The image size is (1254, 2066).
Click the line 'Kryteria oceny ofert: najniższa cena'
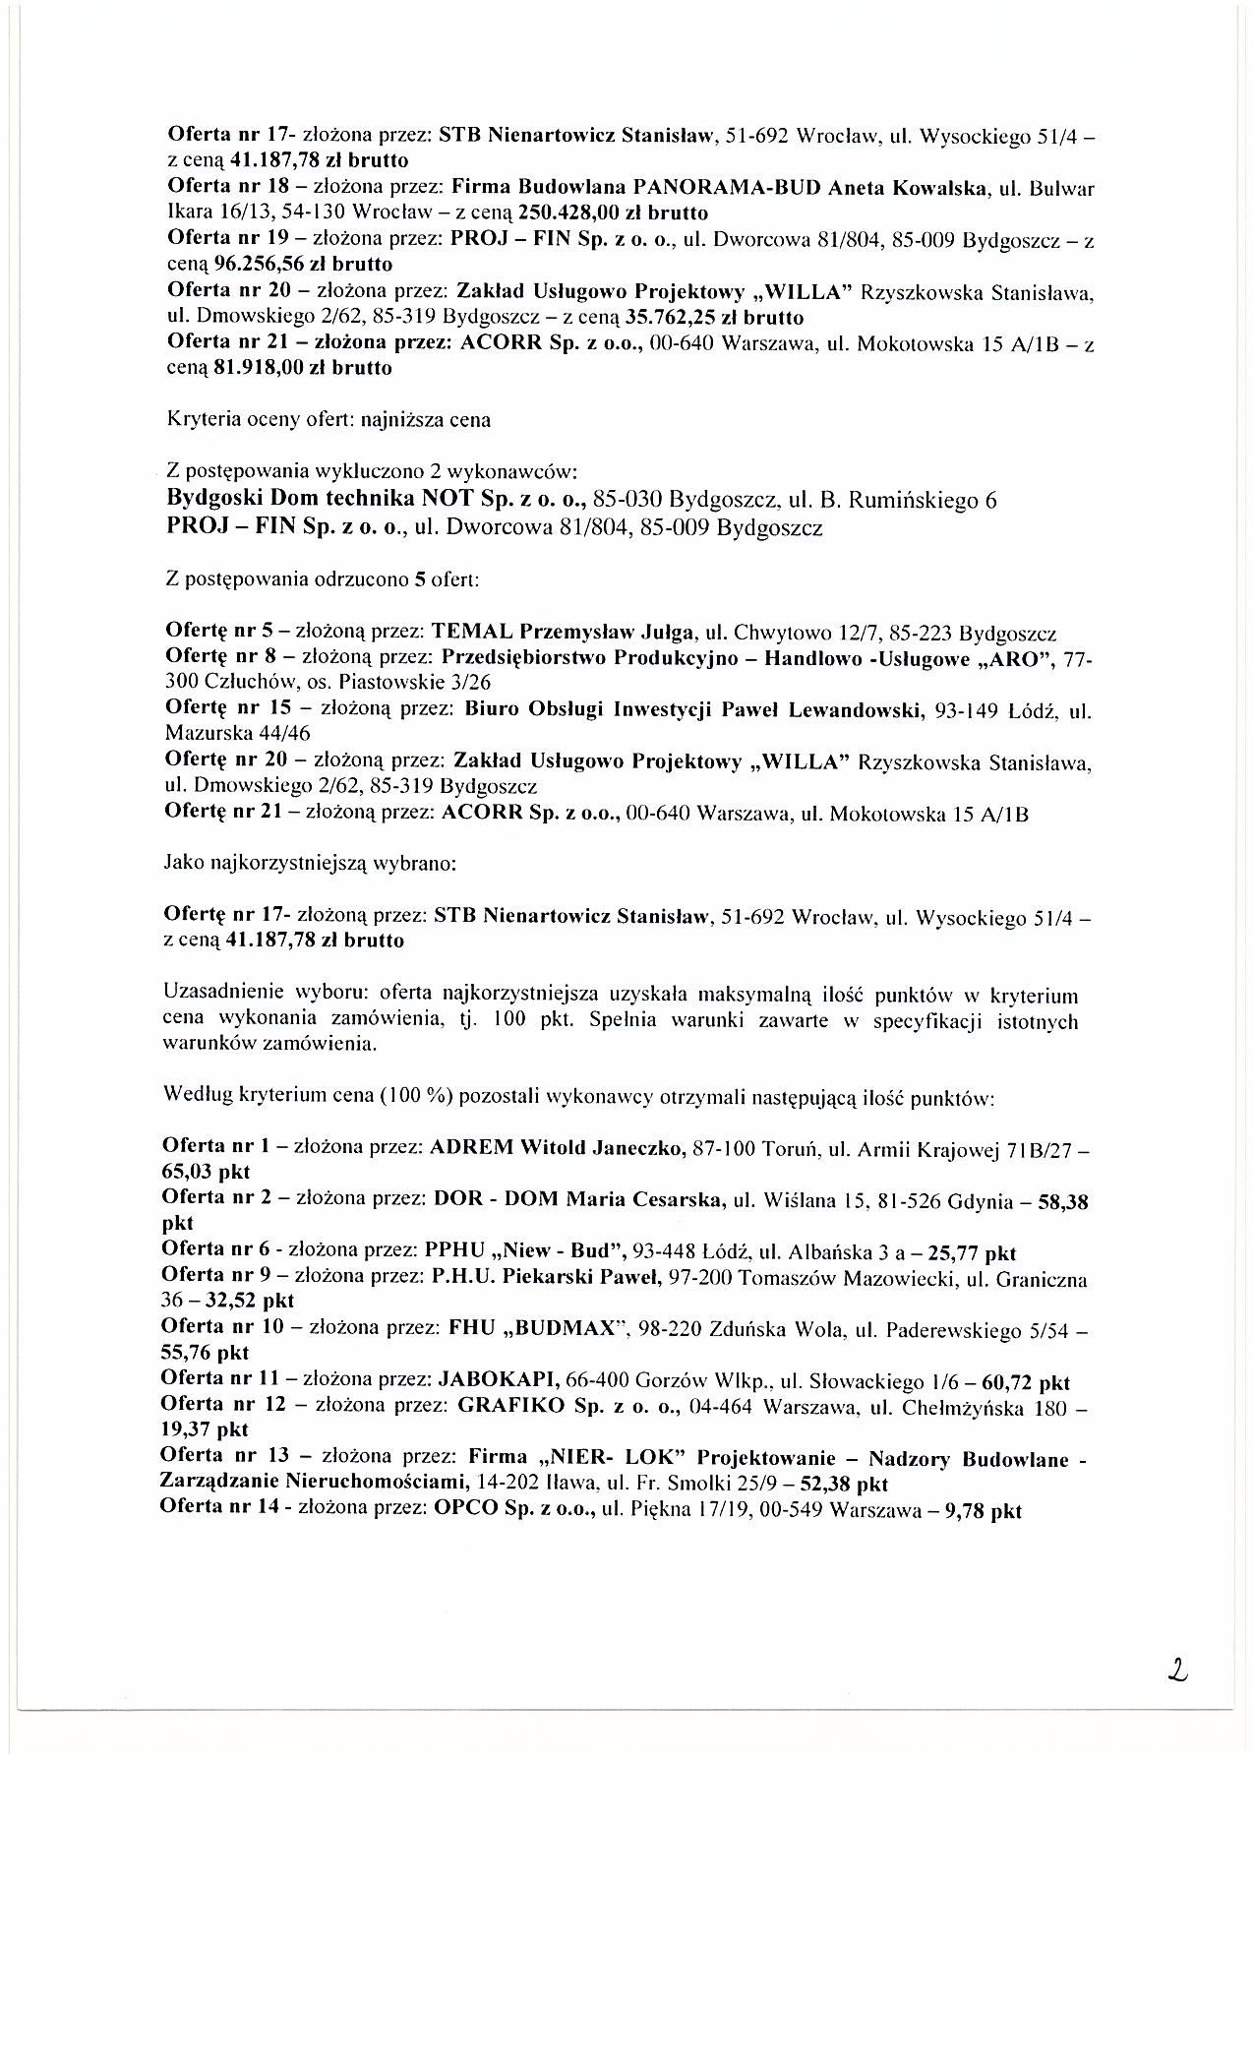pos(328,420)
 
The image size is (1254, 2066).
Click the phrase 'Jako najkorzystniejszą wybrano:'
pos(310,865)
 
